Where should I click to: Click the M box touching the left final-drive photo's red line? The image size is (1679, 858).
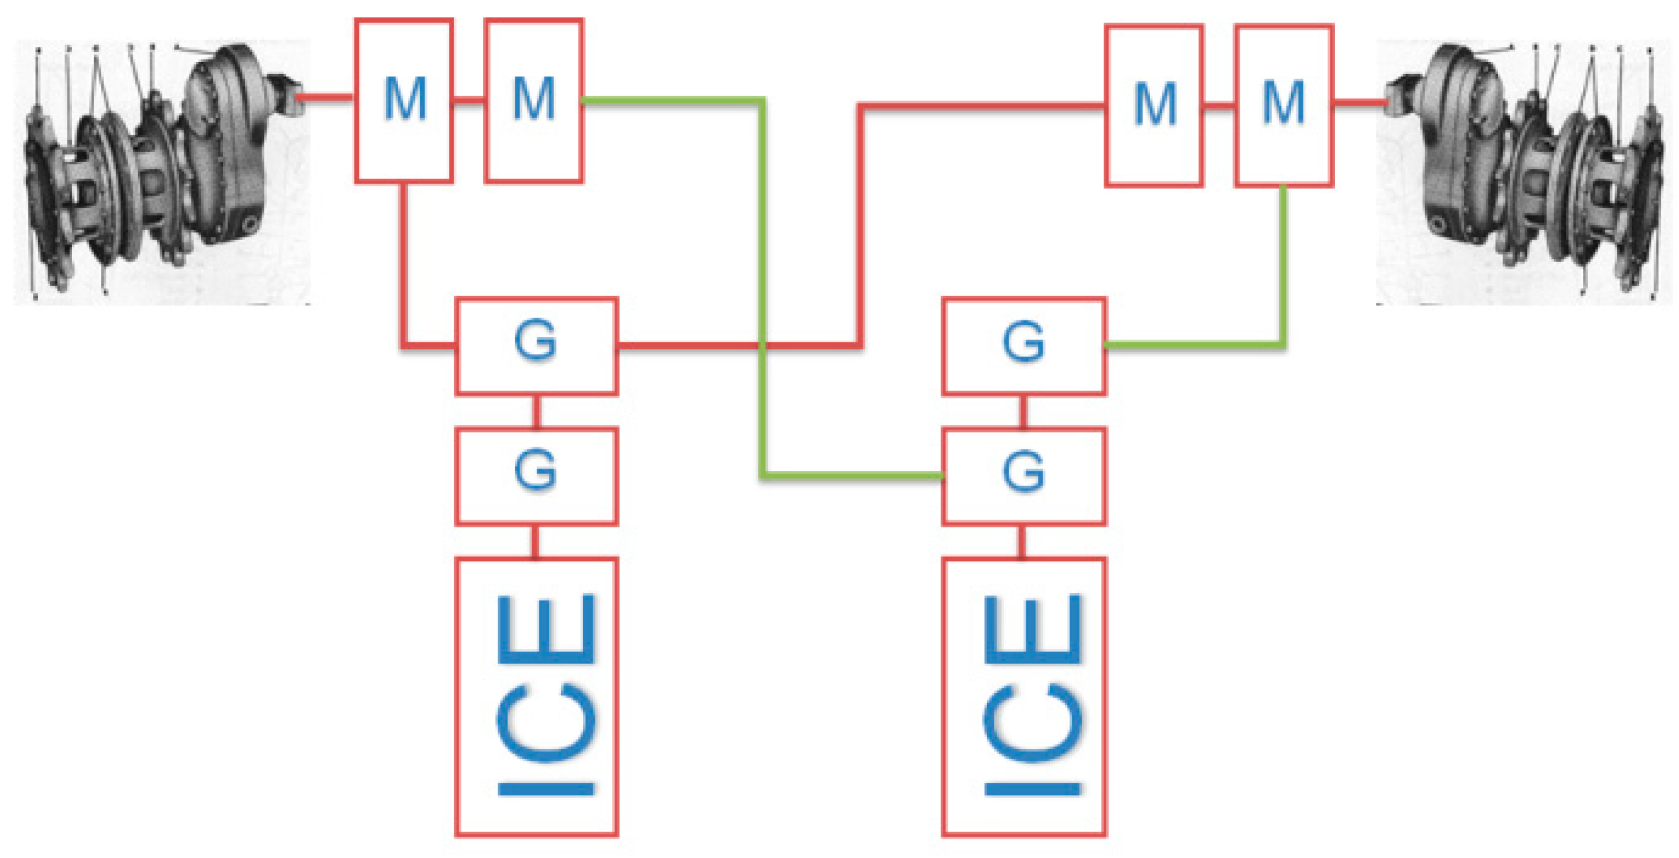(404, 101)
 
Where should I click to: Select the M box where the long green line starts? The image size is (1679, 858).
(534, 101)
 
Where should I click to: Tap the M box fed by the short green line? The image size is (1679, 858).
(1283, 106)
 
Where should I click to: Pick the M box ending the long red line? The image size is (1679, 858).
(1154, 106)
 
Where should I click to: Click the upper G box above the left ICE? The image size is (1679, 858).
(537, 346)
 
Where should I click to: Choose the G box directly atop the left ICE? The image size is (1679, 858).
(537, 476)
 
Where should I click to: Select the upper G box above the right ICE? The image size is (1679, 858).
(1024, 346)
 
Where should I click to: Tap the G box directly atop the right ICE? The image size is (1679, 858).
(1024, 476)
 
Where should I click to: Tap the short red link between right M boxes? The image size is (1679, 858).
(1219, 105)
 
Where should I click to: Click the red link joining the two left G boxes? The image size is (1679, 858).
(537, 411)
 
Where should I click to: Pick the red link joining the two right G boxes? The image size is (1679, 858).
(1023, 411)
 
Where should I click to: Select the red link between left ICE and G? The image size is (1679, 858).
(536, 541)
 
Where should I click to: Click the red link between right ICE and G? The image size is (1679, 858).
(1021, 541)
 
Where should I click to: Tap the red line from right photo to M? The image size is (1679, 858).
(1359, 102)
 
